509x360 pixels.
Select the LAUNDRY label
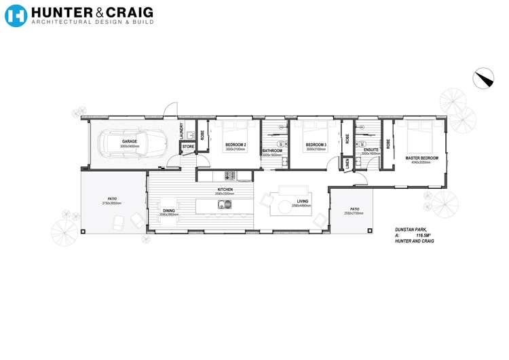(x=181, y=130)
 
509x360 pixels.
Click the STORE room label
(x=188, y=146)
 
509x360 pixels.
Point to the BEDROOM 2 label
(x=235, y=145)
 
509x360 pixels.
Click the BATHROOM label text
(x=271, y=150)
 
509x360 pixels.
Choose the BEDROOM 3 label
(x=316, y=145)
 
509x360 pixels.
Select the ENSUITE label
(x=371, y=149)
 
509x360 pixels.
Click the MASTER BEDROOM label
(x=421, y=158)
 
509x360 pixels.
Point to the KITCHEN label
(x=225, y=189)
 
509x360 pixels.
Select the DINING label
(x=169, y=211)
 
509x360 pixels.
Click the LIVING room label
(x=303, y=202)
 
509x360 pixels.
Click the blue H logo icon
(x=16, y=16)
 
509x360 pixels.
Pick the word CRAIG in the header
(x=130, y=12)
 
